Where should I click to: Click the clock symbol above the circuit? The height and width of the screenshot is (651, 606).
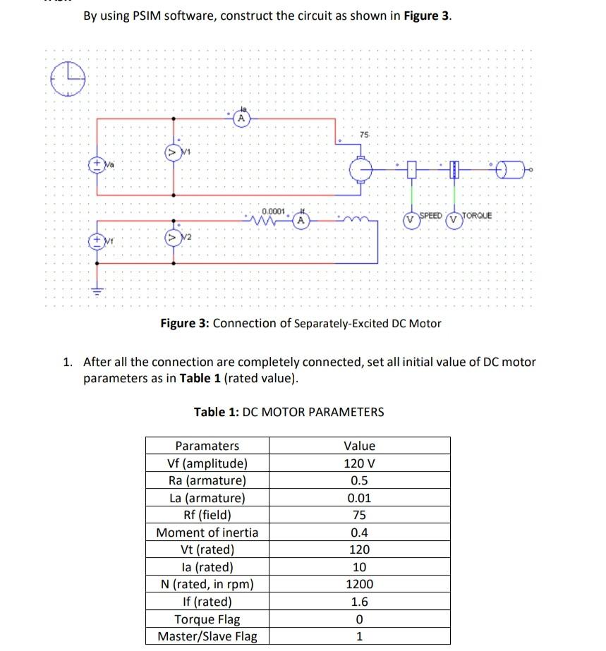(x=68, y=78)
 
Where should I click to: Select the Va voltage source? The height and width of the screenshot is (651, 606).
(x=97, y=164)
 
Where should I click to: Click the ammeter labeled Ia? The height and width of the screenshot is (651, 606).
(x=241, y=119)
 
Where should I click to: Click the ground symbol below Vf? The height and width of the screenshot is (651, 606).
(x=97, y=291)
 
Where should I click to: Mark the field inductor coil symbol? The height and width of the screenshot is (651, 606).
(x=349, y=219)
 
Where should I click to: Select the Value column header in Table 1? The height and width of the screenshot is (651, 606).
(x=359, y=446)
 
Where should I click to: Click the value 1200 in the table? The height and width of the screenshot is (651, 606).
(x=359, y=584)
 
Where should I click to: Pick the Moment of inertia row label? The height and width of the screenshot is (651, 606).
(x=207, y=533)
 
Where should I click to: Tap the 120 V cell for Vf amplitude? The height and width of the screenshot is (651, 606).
(x=359, y=463)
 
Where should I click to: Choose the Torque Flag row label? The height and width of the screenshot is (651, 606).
(x=207, y=619)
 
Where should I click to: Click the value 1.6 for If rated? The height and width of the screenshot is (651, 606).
(x=359, y=602)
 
